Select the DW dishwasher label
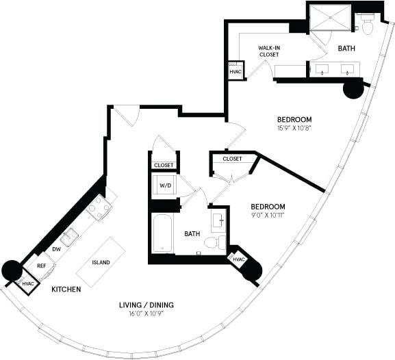click(58, 250)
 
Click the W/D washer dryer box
click(165, 185)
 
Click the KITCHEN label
click(66, 290)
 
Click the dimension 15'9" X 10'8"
click(294, 127)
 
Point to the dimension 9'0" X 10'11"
click(267, 215)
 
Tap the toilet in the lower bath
click(217, 242)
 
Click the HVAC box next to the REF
click(28, 283)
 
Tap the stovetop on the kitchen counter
click(98, 208)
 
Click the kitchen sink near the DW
click(70, 237)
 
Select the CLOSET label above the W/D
click(164, 165)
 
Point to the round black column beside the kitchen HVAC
click(12, 270)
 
